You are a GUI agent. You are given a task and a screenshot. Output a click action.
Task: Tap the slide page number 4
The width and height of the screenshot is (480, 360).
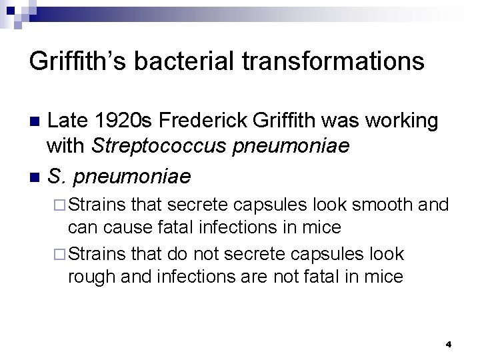click(448, 344)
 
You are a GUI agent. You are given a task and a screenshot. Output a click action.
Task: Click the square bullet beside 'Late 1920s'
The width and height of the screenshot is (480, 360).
click(36, 122)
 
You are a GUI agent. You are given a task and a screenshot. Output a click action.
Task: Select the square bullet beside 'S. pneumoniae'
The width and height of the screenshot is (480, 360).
click(36, 177)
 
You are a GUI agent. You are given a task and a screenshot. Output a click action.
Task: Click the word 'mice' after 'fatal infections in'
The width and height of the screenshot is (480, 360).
click(322, 227)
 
